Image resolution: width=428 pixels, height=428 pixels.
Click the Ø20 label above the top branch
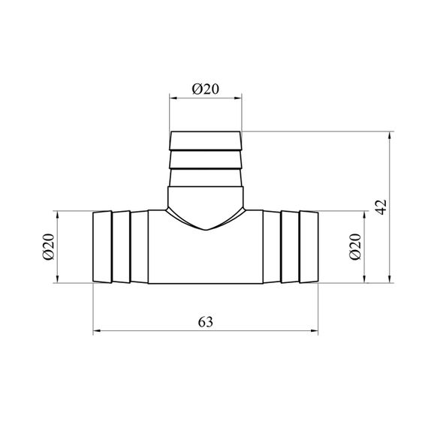(x=206, y=89)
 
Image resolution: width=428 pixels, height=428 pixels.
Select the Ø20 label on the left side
(x=49, y=247)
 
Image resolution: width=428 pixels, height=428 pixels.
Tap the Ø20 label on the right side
(x=355, y=247)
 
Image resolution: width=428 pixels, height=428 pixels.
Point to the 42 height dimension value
(x=381, y=207)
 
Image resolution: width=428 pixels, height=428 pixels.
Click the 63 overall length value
(x=206, y=322)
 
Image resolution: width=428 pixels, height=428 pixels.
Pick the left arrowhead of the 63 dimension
(x=97, y=331)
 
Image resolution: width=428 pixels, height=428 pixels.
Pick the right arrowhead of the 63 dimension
(x=314, y=331)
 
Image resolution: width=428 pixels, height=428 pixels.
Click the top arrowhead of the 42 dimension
(x=390, y=136)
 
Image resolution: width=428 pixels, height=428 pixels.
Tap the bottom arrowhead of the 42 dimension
(x=390, y=279)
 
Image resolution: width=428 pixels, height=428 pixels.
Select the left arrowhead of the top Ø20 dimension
(x=173, y=98)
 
